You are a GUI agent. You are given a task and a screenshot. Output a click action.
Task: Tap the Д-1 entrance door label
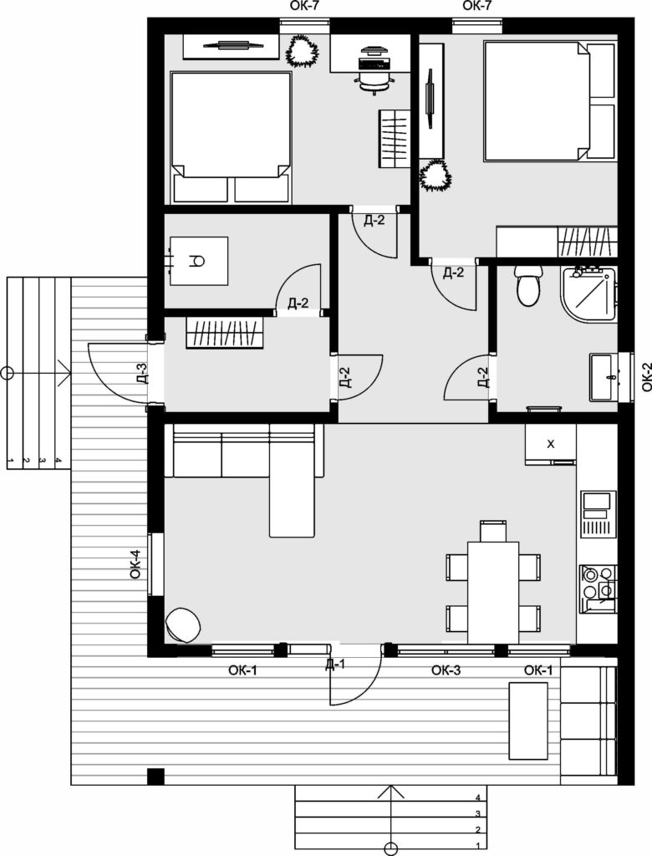point(335,665)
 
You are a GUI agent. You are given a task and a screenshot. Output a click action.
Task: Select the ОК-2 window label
point(646,377)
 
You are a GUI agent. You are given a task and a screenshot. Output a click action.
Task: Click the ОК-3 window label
point(446,670)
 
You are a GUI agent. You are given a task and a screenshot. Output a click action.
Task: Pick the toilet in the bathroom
point(529,286)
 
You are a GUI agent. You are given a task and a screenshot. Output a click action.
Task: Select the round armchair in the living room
point(183,625)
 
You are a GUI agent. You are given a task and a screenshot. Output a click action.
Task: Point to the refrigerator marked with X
point(550,444)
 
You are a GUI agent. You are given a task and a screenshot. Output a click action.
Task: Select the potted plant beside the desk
point(302,50)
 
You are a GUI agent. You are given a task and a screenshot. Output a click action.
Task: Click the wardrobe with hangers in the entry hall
point(225,332)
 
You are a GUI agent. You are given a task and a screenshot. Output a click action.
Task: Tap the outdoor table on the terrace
point(528,721)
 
